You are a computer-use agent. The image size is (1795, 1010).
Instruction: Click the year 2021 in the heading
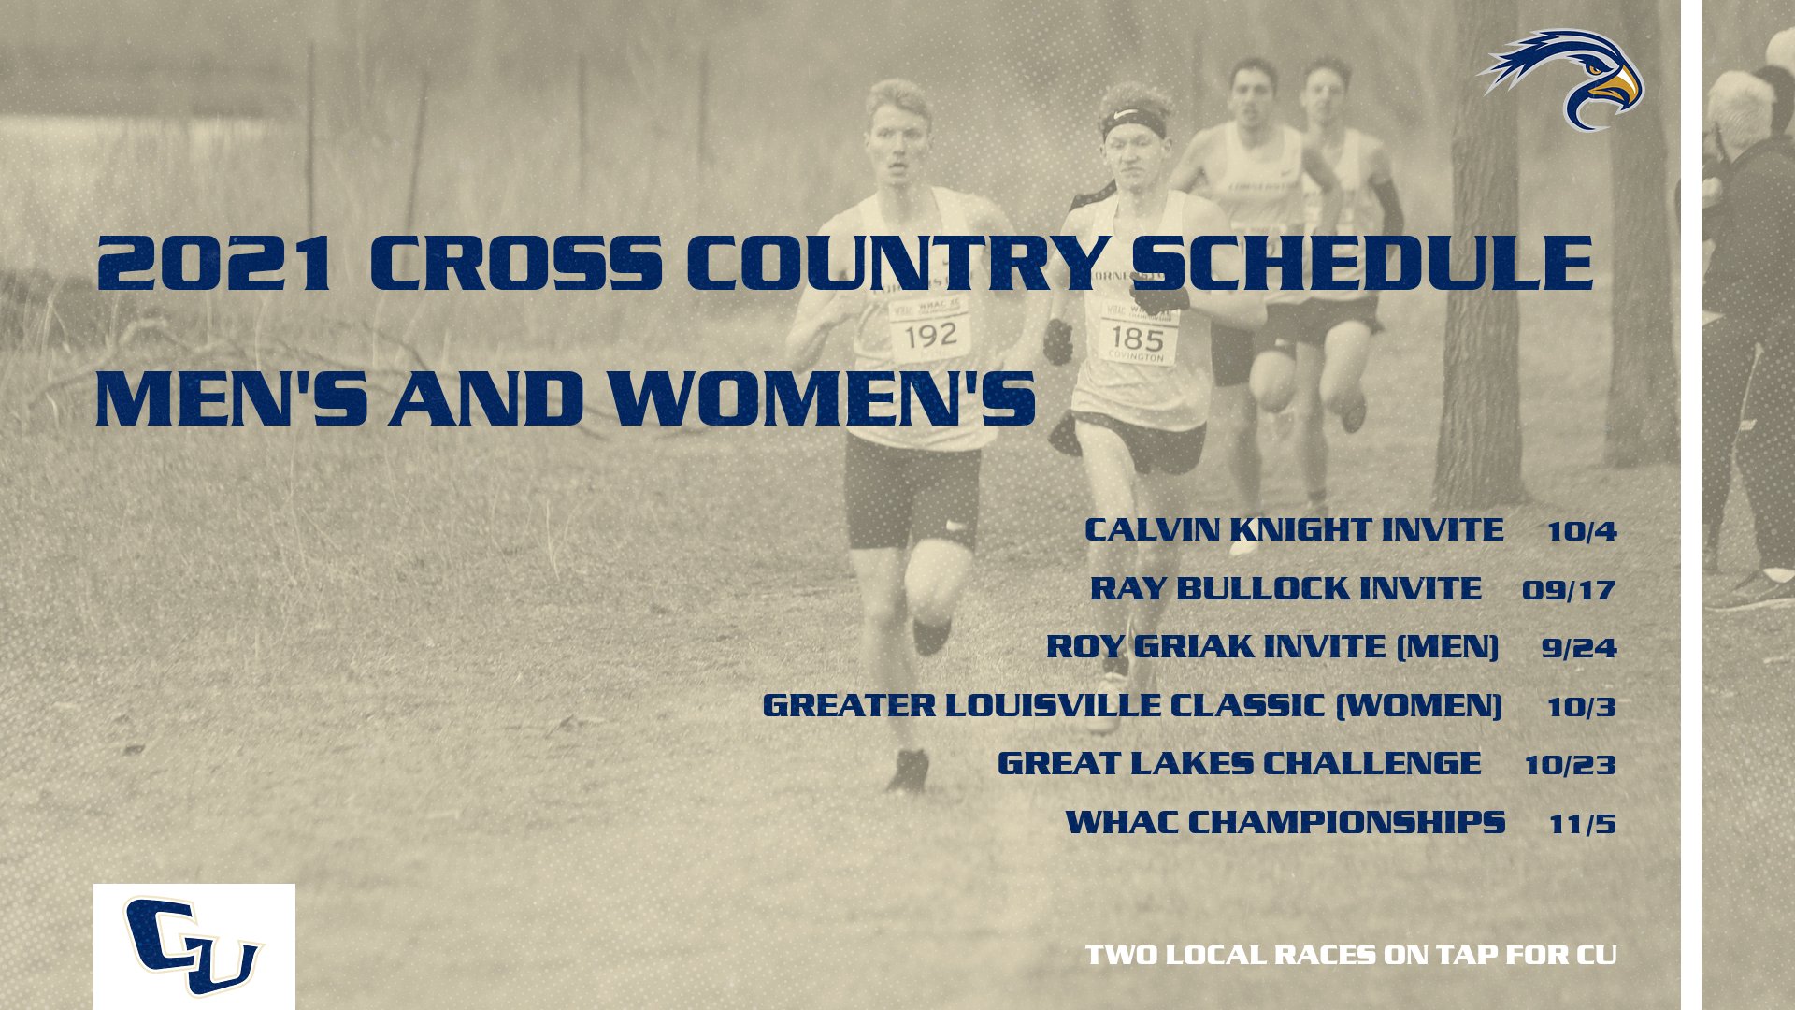pyautogui.click(x=214, y=264)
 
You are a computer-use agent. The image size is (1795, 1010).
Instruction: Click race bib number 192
pyautogui.click(x=930, y=334)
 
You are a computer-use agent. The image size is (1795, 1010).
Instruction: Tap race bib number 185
pyautogui.click(x=1136, y=339)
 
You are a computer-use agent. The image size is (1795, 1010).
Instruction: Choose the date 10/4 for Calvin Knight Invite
pyautogui.click(x=1581, y=531)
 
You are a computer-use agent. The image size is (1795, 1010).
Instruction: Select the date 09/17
pyautogui.click(x=1568, y=590)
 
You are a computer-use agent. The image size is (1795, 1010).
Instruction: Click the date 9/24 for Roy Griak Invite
pyautogui.click(x=1579, y=648)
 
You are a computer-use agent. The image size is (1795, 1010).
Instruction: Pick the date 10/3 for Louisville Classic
pyautogui.click(x=1581, y=707)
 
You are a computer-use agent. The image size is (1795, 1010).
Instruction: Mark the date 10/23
pyautogui.click(x=1570, y=765)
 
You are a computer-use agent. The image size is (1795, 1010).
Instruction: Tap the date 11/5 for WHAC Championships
pyautogui.click(x=1582, y=824)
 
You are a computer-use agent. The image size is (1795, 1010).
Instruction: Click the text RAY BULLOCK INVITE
pyautogui.click(x=1285, y=589)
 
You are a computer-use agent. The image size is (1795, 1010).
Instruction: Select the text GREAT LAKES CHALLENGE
pyautogui.click(x=1239, y=764)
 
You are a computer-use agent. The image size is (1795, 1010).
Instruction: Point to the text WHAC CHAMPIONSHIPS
pyautogui.click(x=1285, y=823)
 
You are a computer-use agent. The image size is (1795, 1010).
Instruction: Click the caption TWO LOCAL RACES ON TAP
pyautogui.click(x=1351, y=955)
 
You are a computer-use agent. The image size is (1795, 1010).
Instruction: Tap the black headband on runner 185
pyautogui.click(x=1133, y=123)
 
